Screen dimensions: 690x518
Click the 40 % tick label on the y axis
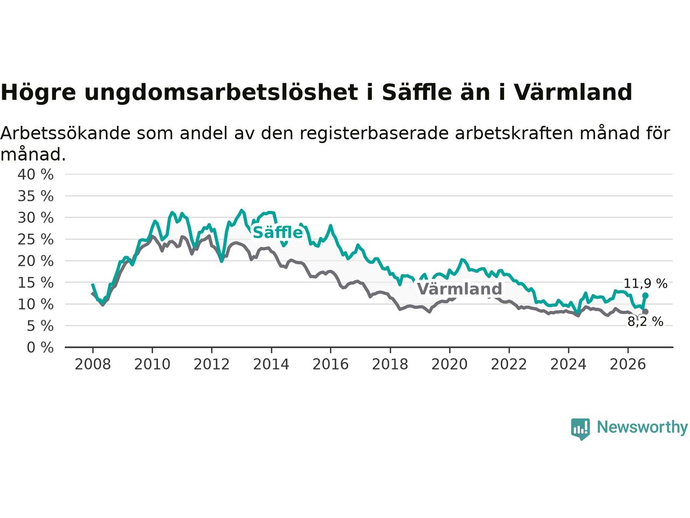tap(36, 174)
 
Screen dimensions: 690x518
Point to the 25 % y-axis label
tap(36, 240)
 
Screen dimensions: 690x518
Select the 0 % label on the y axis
tap(40, 347)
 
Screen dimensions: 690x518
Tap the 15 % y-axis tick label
tap(36, 283)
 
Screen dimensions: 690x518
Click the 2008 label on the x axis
tap(93, 364)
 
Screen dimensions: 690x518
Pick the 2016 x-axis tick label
tap(330, 364)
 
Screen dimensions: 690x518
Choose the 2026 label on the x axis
tap(628, 364)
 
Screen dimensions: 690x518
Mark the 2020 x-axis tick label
tap(450, 364)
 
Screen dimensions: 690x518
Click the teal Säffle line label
tap(278, 233)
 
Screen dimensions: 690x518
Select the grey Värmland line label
tap(460, 289)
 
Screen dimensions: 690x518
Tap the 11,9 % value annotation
tap(645, 284)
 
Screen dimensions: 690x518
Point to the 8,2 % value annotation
tap(645, 322)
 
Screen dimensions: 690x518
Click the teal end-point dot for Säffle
tap(645, 295)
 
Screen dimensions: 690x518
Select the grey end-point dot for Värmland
tap(645, 311)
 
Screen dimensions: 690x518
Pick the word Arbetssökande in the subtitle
tap(65, 133)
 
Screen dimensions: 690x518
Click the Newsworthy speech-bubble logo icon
tap(580, 429)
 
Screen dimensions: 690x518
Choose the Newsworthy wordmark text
tap(642, 427)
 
